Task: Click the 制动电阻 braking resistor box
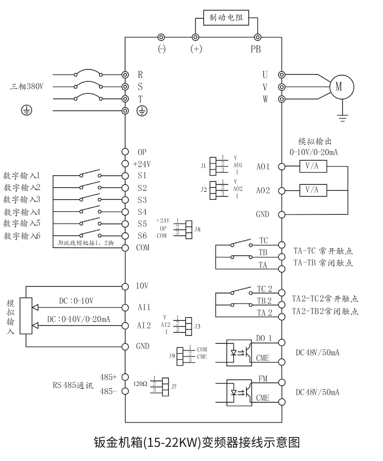coord(226,17)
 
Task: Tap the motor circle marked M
coord(342,87)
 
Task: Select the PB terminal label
coord(255,49)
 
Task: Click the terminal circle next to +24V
coord(125,164)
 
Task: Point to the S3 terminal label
coord(142,200)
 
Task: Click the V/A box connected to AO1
coord(313,166)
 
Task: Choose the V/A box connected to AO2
coord(313,190)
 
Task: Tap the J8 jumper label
coord(197,229)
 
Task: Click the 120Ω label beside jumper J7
coord(140,384)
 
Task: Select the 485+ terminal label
coord(108,377)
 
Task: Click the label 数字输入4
coord(22,212)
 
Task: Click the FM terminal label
coord(263,379)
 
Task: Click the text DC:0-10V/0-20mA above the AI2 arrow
coord(79,319)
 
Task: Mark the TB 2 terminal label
coord(264,301)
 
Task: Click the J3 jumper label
coord(197,326)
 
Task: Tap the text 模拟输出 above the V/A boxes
coord(315,141)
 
